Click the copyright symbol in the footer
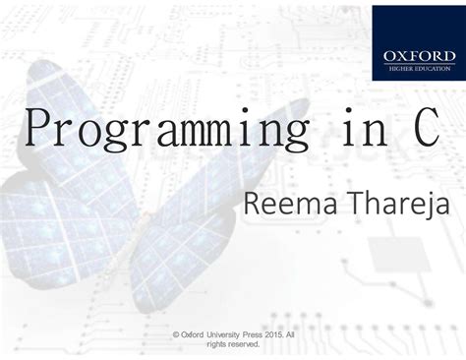(x=175, y=334)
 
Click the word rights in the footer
(x=216, y=344)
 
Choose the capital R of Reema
(x=251, y=206)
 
